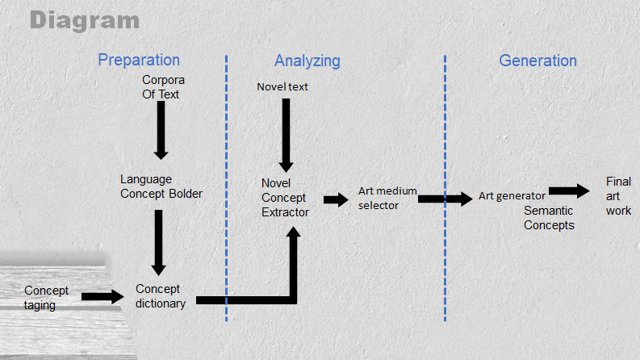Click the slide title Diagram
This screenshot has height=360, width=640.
[85, 20]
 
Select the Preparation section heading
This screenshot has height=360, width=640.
[139, 61]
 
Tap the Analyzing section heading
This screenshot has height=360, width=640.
[307, 61]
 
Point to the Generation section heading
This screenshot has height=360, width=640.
[538, 61]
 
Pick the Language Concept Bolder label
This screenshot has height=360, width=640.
[161, 186]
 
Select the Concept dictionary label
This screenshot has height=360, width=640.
[161, 296]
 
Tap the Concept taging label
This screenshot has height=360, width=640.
[46, 298]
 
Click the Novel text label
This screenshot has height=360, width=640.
[282, 86]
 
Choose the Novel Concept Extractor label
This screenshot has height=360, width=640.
[285, 198]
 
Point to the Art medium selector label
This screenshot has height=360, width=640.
[387, 198]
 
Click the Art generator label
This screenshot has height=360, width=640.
[512, 195]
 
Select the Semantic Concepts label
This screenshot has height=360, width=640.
[549, 218]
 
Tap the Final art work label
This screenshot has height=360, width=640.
[619, 196]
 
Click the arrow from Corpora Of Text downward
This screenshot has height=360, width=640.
[161, 129]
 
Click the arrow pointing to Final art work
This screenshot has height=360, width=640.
[570, 190]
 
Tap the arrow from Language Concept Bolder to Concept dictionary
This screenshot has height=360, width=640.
[159, 242]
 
